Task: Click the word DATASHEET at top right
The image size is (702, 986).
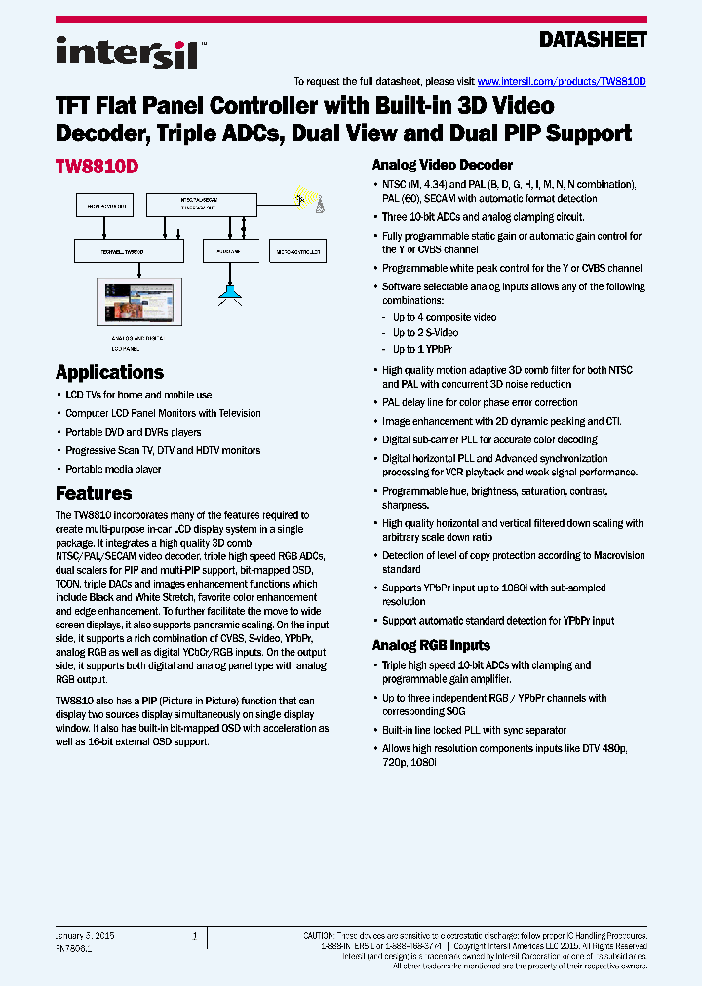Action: coord(593,40)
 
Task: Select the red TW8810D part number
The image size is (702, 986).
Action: coord(97,167)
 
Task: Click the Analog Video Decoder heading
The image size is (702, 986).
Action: coord(442,165)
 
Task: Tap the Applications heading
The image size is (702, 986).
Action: coord(109,372)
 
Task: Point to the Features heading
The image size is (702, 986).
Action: coord(94,493)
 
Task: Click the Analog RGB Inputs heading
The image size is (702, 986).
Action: coord(431,645)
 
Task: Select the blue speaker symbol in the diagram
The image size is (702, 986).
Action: coord(230,291)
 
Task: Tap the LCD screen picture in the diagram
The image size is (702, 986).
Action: coord(136,303)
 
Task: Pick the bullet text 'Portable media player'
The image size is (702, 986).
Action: coord(113,469)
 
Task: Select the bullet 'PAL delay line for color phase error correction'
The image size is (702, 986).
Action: coord(480,402)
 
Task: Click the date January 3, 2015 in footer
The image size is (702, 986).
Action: coord(86,935)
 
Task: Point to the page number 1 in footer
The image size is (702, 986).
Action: coord(195,935)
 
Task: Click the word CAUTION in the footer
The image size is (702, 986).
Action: coord(322,934)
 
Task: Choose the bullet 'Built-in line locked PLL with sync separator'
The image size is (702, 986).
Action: coord(474,730)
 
